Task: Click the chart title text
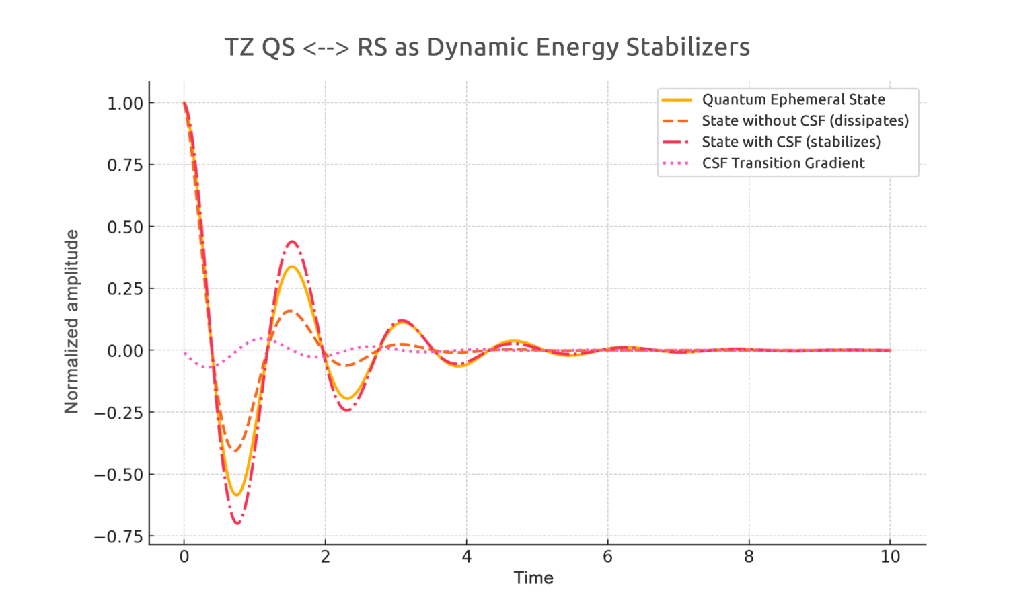(486, 48)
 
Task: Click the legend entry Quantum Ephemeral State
(793, 99)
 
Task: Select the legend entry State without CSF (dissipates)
(805, 121)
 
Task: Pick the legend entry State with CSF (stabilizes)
(791, 142)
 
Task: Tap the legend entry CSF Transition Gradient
(783, 163)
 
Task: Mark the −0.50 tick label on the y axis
(119, 475)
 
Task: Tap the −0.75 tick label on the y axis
(119, 536)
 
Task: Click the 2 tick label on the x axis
(326, 557)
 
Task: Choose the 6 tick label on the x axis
(607, 557)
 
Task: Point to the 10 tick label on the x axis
(890, 557)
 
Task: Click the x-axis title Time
(533, 578)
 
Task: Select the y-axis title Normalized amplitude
(72, 321)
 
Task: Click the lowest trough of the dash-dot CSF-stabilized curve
(237, 523)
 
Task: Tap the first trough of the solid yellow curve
(236, 495)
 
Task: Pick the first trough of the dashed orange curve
(235, 451)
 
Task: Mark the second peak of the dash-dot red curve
(291, 242)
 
